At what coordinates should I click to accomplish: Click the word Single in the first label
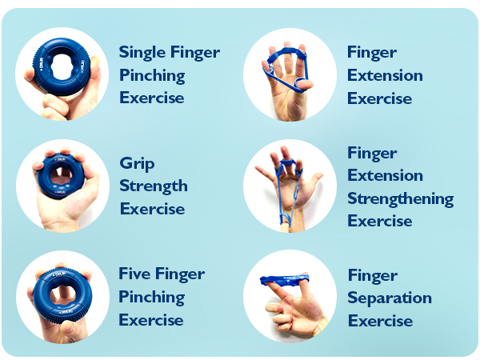[140, 53]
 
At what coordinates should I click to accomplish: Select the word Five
[135, 274]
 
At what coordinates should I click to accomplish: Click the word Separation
[390, 298]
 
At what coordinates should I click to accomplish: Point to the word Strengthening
[400, 198]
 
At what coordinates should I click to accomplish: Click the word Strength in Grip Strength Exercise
[154, 186]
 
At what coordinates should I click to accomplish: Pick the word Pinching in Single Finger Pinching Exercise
[152, 76]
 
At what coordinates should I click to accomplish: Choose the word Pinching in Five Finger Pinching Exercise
[151, 298]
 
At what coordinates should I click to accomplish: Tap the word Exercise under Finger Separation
[380, 322]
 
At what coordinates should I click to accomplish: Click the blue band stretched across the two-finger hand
[284, 280]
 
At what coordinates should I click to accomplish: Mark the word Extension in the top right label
[385, 76]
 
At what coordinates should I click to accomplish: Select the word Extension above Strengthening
[385, 175]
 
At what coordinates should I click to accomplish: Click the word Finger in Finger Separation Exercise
[372, 275]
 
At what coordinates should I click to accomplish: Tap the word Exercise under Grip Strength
[152, 210]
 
